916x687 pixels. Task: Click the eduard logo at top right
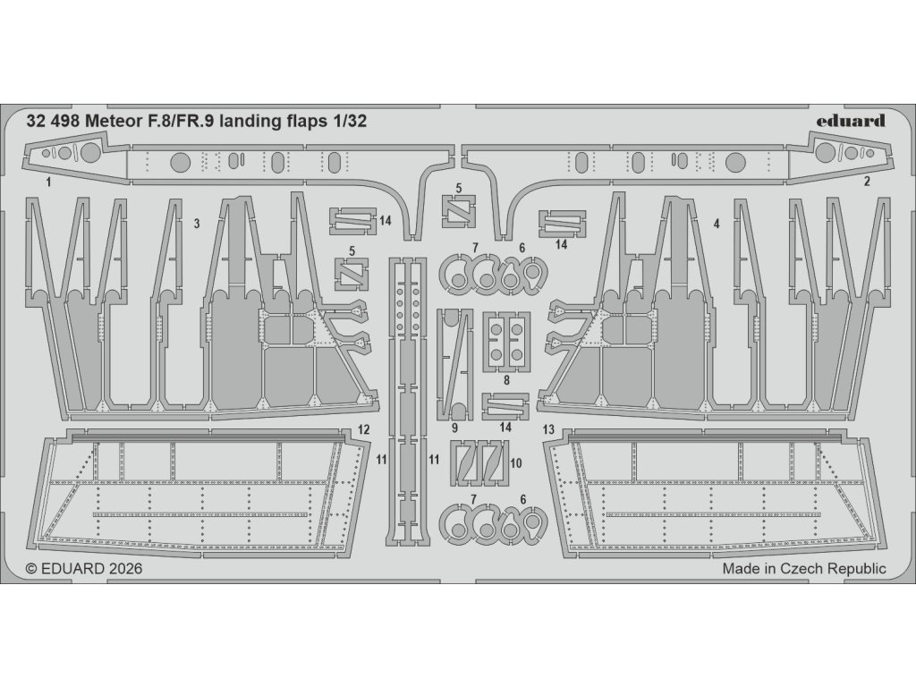coord(851,121)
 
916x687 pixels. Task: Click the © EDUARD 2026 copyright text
coord(84,568)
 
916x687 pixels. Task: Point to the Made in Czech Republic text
coord(804,568)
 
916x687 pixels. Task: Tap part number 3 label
coord(196,224)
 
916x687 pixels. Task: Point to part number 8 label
coord(506,379)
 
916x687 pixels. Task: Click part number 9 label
coord(455,428)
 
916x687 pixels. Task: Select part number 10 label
coord(515,462)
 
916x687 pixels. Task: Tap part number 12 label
coord(362,430)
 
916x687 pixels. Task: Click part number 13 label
coord(549,430)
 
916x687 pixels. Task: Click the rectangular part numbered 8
coord(505,342)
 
